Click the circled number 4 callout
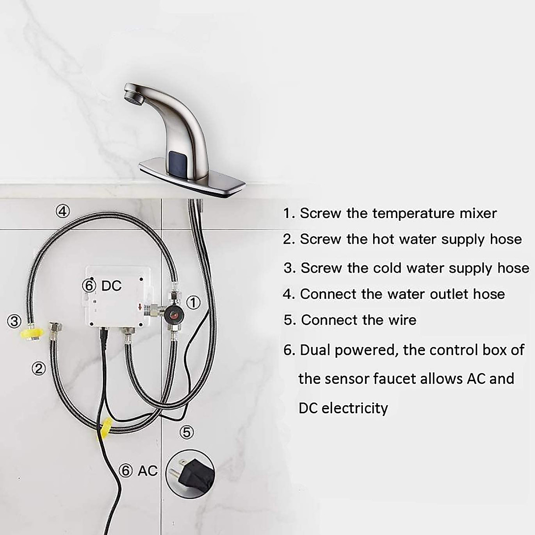(x=63, y=211)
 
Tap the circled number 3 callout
(x=14, y=321)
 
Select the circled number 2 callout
(x=39, y=368)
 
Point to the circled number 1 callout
(x=193, y=303)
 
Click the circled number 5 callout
(x=186, y=432)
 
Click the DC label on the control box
(x=111, y=286)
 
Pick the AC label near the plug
(x=148, y=471)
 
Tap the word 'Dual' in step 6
(x=315, y=350)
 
